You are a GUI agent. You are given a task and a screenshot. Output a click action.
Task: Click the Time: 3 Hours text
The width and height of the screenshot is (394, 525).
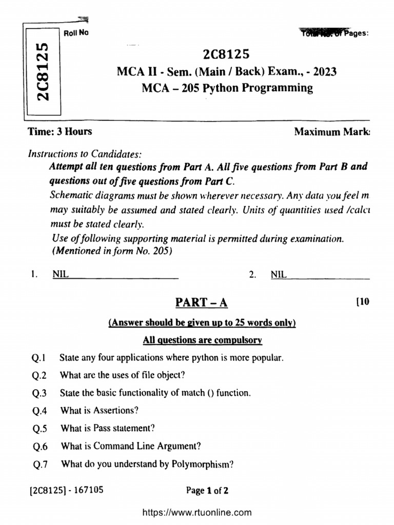pos(60,131)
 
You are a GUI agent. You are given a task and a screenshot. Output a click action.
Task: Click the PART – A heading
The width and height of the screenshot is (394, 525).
pos(202,302)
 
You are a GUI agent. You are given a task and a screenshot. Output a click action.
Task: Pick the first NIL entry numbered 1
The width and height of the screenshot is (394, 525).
pos(60,274)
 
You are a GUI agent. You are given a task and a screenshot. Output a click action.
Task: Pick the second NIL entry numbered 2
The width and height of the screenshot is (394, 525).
pos(279,274)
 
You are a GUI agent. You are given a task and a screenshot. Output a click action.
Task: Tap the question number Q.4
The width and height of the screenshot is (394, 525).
pos(40,411)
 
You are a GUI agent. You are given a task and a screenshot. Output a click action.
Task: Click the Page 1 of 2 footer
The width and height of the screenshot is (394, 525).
pos(207,491)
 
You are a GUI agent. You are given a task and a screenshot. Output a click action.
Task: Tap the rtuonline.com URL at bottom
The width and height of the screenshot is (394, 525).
pos(196,512)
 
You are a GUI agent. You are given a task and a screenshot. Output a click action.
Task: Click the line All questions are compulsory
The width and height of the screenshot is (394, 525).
pos(203,340)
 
